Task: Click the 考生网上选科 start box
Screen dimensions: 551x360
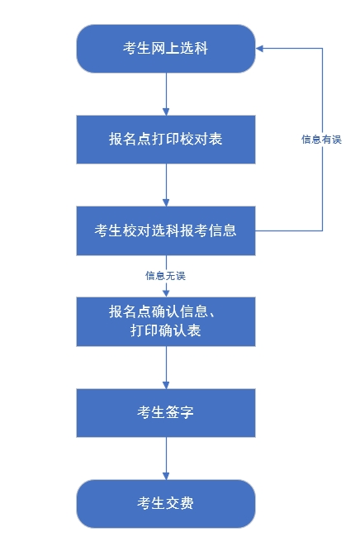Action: [x=166, y=49]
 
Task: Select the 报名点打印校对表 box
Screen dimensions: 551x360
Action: [x=166, y=140]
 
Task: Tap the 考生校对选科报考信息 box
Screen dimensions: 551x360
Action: [x=166, y=230]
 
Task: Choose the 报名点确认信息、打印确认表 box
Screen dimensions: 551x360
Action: [x=166, y=321]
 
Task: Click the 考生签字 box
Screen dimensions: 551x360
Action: [x=166, y=412]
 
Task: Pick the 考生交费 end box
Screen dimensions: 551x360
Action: [x=166, y=503]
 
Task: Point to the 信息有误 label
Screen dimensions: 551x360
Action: [x=321, y=140]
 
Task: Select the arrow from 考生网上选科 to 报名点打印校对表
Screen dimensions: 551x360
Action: [x=166, y=93]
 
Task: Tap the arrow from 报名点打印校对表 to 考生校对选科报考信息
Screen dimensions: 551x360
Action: [x=166, y=184]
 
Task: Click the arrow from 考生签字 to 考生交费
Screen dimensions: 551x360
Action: [x=166, y=458]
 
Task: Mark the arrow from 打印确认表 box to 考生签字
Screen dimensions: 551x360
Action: [x=166, y=367]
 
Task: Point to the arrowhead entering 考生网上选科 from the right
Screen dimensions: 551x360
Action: [x=260, y=49]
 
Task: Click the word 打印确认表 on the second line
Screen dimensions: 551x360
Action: [x=166, y=331]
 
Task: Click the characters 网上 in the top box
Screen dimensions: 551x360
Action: [x=166, y=49]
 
